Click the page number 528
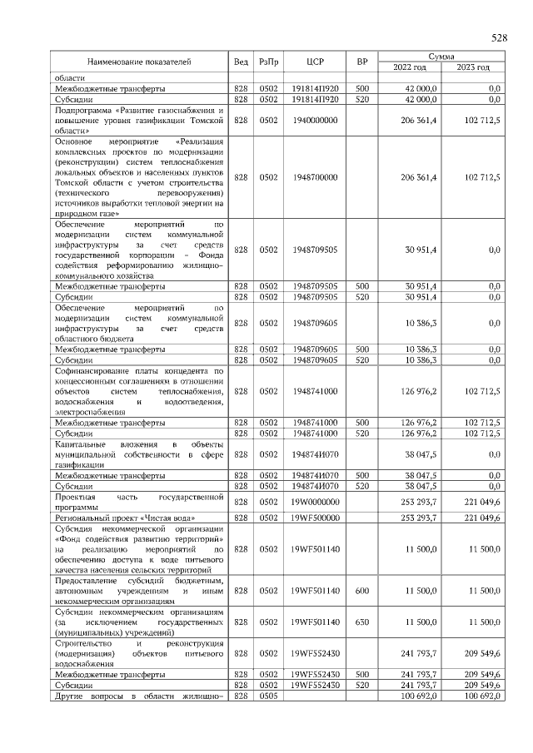tap(499, 38)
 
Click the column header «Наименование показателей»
tap(139, 62)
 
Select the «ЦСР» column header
tap(315, 62)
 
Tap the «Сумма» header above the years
tap(441, 56)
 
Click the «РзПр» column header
tap(268, 62)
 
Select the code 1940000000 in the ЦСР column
tap(315, 121)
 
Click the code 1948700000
tap(315, 177)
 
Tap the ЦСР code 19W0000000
tap(315, 503)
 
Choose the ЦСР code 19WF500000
tap(315, 518)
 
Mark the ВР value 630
tap(361, 622)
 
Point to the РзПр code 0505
tap(268, 696)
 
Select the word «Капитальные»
tap(80, 445)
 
